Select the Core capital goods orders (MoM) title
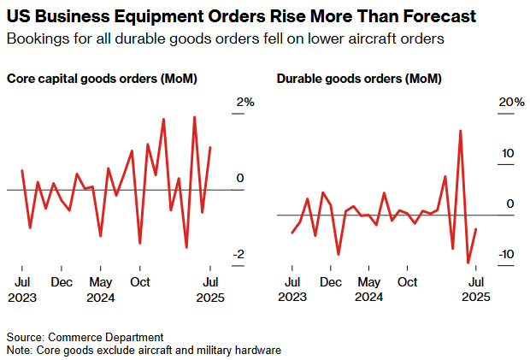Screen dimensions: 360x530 tap(103, 80)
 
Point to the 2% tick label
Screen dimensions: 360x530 tap(245, 102)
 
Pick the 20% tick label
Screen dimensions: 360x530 tap(511, 102)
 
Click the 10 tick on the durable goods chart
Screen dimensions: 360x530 tap(508, 154)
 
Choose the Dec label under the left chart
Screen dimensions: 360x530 tap(61, 281)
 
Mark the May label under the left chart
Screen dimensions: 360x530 tap(101, 281)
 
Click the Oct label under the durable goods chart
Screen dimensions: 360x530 tap(408, 281)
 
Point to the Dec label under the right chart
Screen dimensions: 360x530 tap(331, 281)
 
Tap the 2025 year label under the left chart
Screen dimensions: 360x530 tap(209, 297)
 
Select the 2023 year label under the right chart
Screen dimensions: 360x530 tap(291, 297)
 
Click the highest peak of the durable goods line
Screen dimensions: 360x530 tap(460, 131)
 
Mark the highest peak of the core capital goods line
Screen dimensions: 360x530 tap(194, 117)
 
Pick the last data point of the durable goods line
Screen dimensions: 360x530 tap(476, 228)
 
